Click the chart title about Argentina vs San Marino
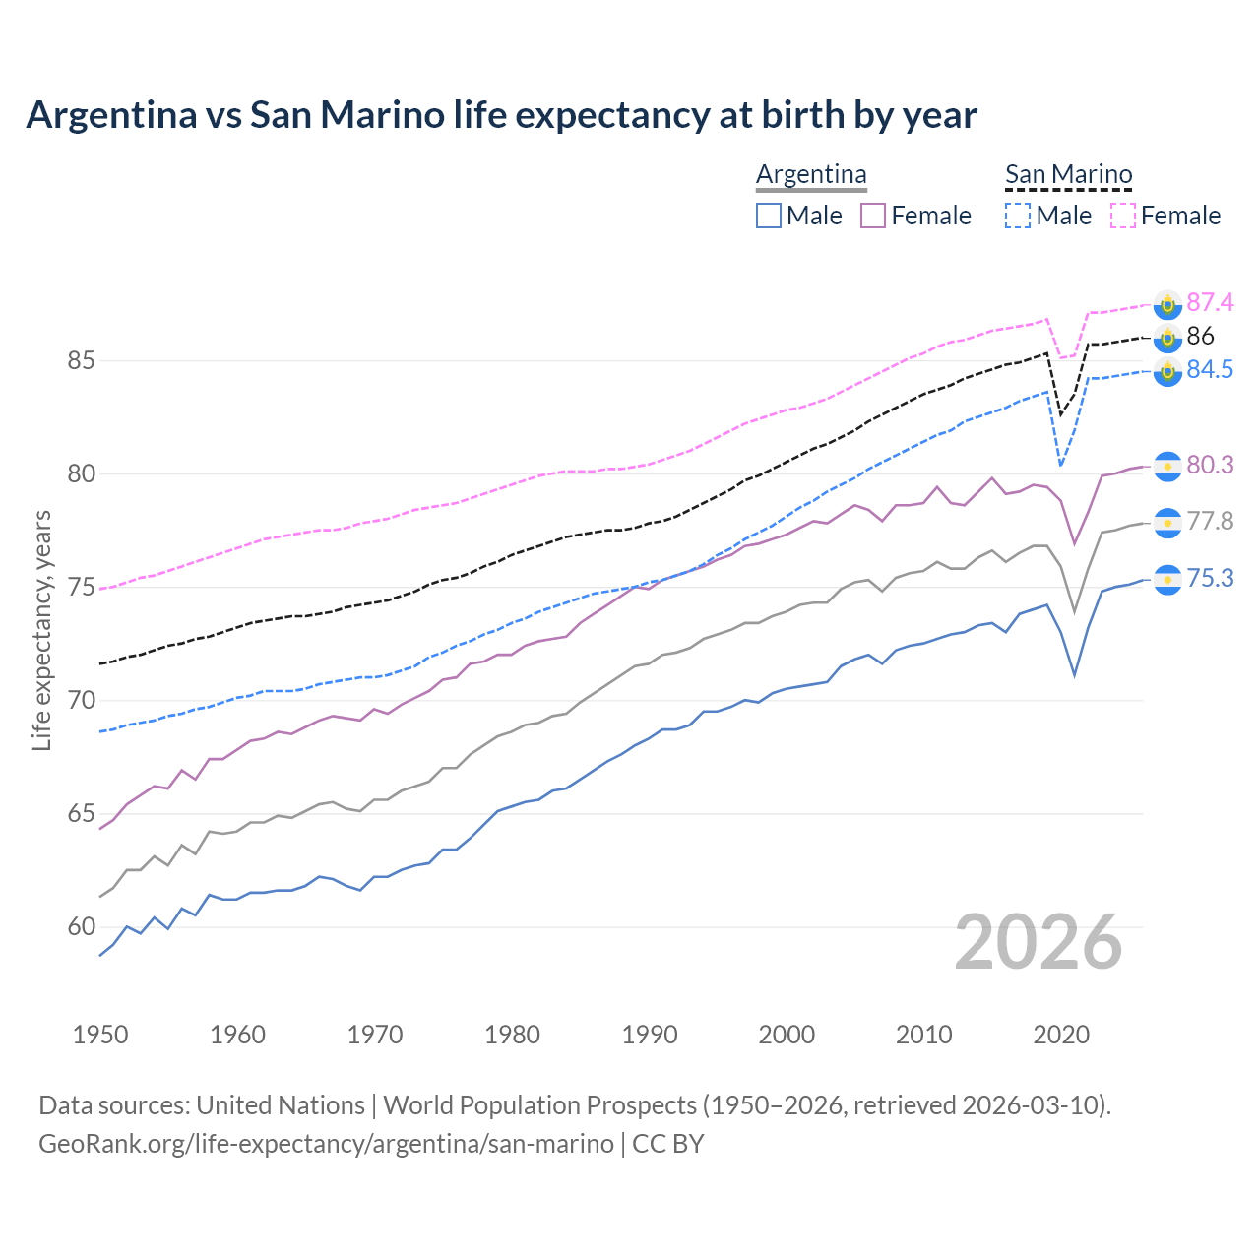point(501,115)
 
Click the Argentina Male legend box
point(769,216)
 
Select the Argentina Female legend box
point(873,216)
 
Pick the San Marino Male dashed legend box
point(1018,216)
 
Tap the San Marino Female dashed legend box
point(1123,216)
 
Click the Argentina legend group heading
point(811,175)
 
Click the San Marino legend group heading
point(1068,175)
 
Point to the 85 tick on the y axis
point(81,361)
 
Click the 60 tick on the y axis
point(81,927)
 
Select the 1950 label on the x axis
point(100,1035)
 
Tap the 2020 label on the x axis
point(1062,1035)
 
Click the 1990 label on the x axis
point(650,1035)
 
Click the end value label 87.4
point(1210,302)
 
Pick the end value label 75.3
point(1210,579)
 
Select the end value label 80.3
point(1210,465)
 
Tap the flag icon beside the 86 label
point(1167,339)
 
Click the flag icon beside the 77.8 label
point(1167,523)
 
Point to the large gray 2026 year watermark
point(1039,942)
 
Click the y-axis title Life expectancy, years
point(42,630)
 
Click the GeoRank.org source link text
point(326,1144)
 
